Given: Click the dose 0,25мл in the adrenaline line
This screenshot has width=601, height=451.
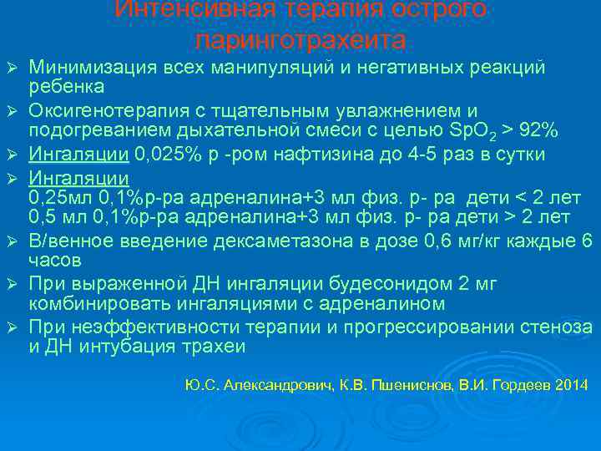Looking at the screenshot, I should click(56, 197).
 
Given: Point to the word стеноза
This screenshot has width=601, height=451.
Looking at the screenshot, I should click(551, 327).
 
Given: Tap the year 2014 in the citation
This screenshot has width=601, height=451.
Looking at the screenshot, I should click(572, 386).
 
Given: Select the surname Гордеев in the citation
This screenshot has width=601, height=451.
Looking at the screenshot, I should click(520, 386).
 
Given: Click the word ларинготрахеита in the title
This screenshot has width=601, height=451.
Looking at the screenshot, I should click(300, 40).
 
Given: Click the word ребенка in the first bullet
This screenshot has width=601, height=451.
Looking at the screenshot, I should click(67, 88).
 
